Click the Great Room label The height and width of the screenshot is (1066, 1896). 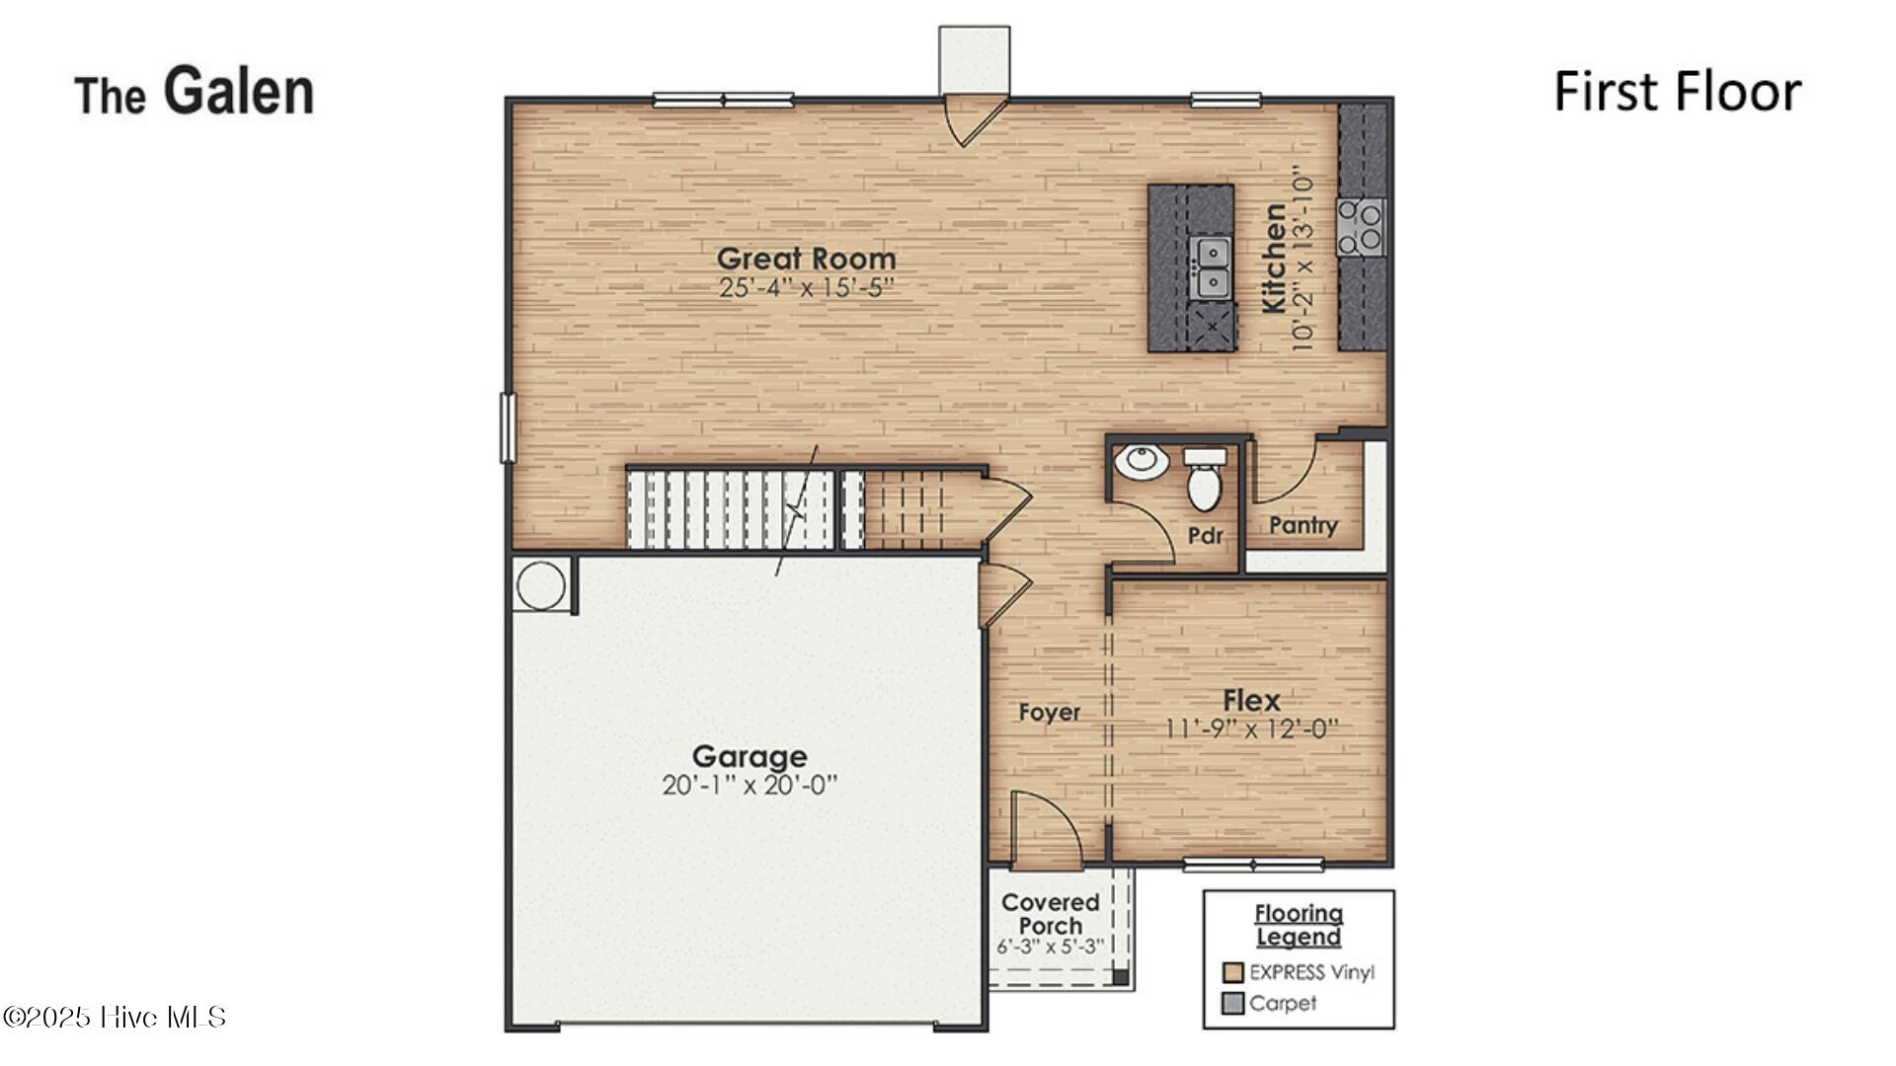[x=806, y=259]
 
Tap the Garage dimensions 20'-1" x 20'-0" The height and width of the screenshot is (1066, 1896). [x=750, y=786]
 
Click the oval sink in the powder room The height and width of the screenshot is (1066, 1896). [x=1142, y=461]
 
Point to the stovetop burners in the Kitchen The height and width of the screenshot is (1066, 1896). [x=1361, y=226]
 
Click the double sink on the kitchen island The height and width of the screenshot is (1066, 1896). [x=1211, y=267]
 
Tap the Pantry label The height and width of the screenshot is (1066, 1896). [x=1303, y=525]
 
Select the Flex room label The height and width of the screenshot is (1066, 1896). [x=1251, y=701]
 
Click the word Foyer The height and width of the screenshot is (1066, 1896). [x=1049, y=713]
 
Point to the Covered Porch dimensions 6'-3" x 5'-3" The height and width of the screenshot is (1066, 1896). [x=1050, y=948]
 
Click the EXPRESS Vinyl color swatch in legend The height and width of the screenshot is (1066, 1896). [x=1232, y=972]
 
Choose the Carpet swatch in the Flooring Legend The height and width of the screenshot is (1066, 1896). [x=1232, y=1004]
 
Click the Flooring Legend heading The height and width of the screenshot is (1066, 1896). [x=1298, y=925]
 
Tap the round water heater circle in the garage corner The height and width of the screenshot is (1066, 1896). [x=541, y=585]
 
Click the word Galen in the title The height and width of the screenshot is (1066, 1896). [x=238, y=91]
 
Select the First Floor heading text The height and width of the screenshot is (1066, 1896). [x=1677, y=92]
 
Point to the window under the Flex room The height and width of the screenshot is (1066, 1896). [x=1253, y=866]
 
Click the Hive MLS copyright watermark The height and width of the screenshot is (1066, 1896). [x=115, y=1017]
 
